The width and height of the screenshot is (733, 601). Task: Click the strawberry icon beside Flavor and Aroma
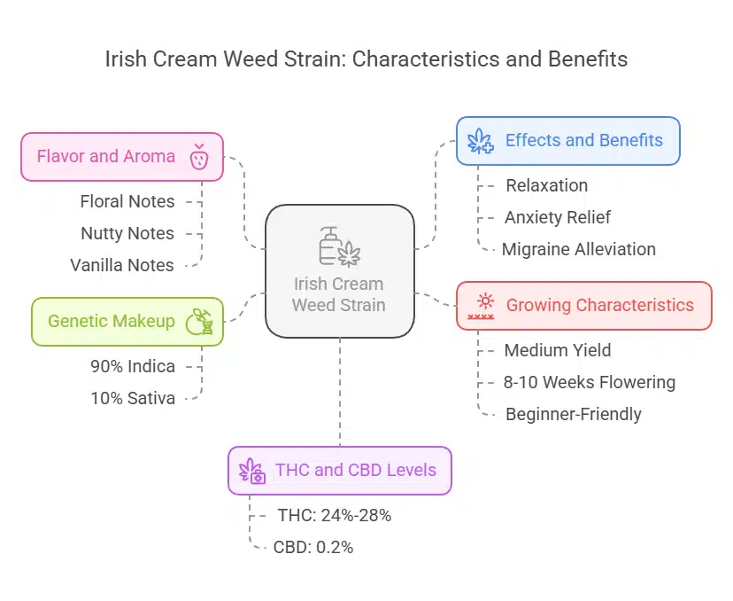coord(199,158)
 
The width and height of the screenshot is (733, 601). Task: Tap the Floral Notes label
coord(127,201)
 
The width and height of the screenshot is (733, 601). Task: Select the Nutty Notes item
coord(127,233)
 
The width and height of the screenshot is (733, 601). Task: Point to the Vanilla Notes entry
coord(122,265)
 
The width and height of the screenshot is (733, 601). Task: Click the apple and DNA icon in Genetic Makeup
coord(199,322)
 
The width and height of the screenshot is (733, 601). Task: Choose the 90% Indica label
coord(133,366)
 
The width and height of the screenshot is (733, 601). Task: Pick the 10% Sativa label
coord(133,398)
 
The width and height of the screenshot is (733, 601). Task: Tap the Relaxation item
coord(546,185)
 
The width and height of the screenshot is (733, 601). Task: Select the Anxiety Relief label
coord(558,217)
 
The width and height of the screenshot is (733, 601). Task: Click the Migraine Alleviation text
coord(579,249)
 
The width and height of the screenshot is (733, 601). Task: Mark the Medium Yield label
coord(558,350)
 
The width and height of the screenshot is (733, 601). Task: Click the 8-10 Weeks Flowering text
coord(590,382)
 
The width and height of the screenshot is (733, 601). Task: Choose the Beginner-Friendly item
coord(574,414)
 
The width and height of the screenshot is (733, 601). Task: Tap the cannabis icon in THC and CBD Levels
coord(253,471)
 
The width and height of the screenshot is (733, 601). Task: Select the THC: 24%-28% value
coord(334,515)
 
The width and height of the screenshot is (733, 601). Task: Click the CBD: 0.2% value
coord(313,547)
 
